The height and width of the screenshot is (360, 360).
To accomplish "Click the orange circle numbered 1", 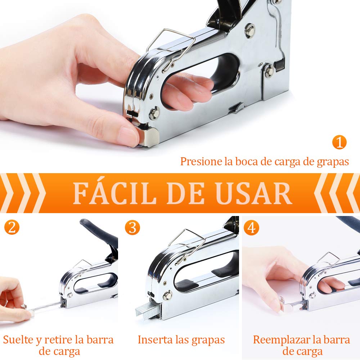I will pyautogui.click(x=339, y=142).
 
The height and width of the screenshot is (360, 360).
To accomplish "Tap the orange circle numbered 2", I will pyautogui.click(x=12, y=228).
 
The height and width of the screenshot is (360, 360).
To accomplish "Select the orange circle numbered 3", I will pyautogui.click(x=132, y=228).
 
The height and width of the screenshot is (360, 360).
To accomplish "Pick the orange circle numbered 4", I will pyautogui.click(x=251, y=228).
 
